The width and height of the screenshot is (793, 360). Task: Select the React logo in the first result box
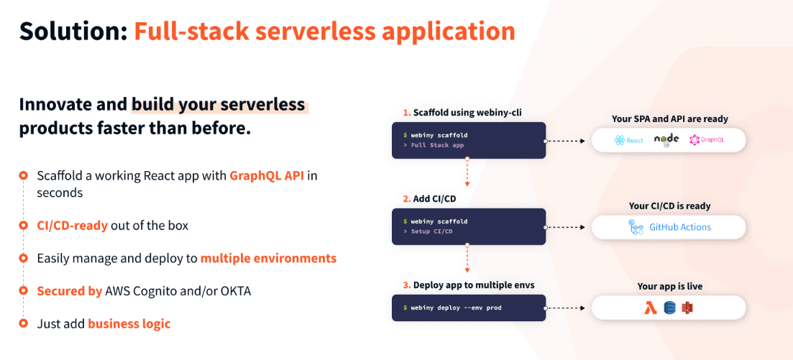(x=628, y=140)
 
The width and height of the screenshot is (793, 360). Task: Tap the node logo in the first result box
(x=666, y=140)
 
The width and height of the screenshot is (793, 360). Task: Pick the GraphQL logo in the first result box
(x=706, y=140)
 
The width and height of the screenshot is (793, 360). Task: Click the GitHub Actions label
(x=679, y=227)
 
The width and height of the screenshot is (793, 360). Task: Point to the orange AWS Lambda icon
(x=652, y=308)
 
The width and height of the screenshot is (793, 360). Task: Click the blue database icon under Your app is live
(x=670, y=308)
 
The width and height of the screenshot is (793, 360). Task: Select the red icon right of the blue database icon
(x=687, y=308)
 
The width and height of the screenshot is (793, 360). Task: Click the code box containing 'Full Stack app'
(x=468, y=140)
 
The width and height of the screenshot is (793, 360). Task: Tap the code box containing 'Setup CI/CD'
(x=468, y=226)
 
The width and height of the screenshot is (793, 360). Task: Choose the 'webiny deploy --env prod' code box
(x=468, y=308)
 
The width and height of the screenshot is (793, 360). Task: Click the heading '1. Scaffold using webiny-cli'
(x=451, y=113)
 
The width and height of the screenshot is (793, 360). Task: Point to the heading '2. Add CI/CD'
(x=426, y=198)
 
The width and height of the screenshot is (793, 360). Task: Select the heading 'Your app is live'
(x=669, y=286)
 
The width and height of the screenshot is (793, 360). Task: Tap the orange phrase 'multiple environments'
(x=268, y=258)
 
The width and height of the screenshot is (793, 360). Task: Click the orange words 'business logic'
(x=129, y=324)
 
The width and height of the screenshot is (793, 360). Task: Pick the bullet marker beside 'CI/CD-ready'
(x=23, y=226)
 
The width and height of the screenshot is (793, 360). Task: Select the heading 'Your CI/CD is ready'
(x=669, y=206)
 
